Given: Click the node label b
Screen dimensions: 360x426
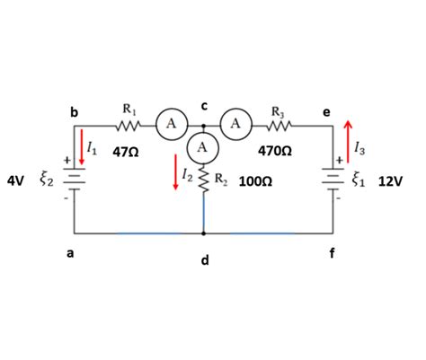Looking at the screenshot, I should point(75,112).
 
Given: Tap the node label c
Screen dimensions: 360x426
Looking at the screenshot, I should point(204,106).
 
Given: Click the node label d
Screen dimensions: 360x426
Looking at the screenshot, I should point(205,260).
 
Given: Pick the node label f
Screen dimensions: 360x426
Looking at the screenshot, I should point(334,253).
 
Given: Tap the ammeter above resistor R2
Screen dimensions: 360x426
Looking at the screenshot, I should point(204,145).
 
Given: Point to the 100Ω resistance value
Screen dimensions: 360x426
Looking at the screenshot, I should point(256,180).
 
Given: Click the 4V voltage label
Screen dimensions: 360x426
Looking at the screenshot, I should point(15,180).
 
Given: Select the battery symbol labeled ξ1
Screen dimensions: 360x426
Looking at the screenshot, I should point(333,179).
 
